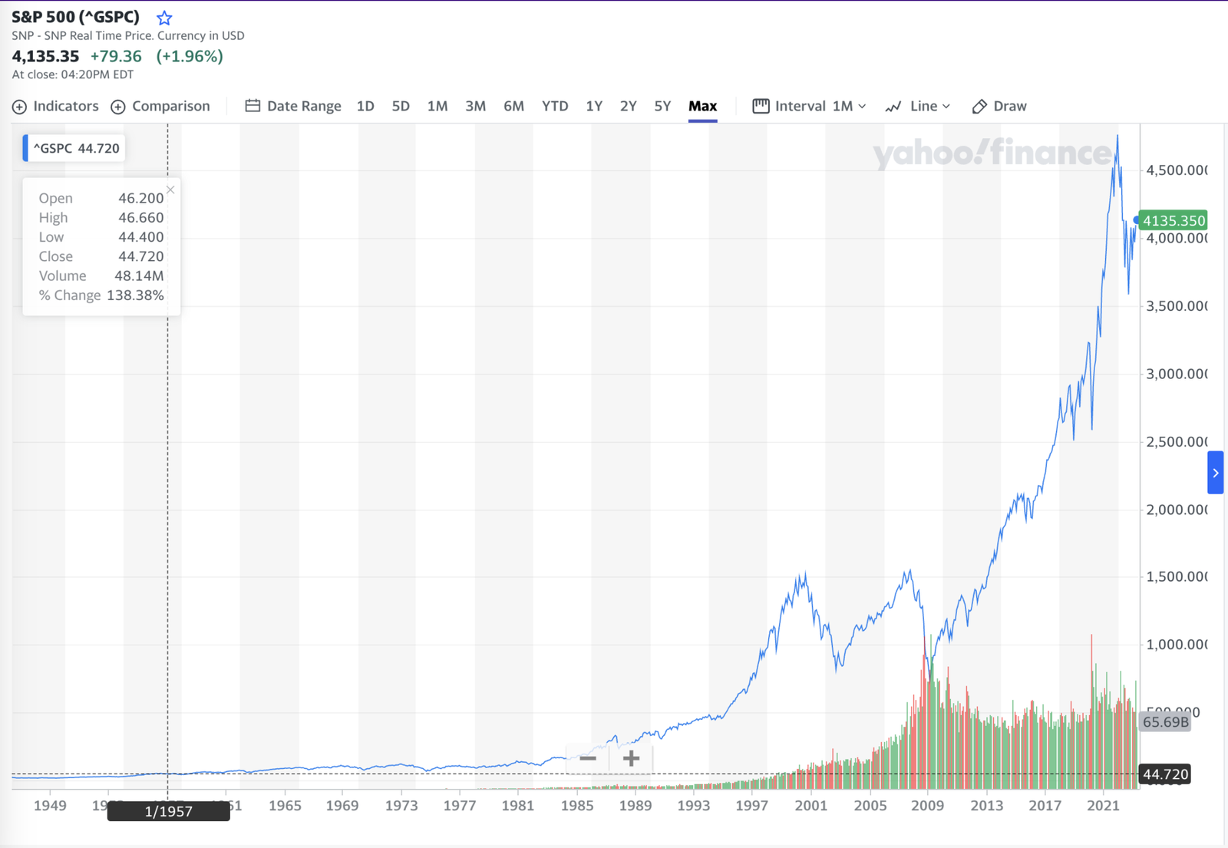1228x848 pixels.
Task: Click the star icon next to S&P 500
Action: tap(164, 18)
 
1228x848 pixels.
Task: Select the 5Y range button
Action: tap(662, 106)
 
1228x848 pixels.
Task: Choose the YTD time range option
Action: tap(554, 106)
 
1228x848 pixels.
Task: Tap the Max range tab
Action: tap(702, 106)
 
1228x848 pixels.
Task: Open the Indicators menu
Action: tap(55, 106)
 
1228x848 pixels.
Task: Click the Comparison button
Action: tap(160, 106)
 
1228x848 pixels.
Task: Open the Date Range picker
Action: tap(293, 106)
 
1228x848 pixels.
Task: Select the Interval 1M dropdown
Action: tap(810, 106)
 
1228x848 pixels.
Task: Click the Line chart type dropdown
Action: tap(918, 106)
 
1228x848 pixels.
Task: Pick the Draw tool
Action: tap(999, 106)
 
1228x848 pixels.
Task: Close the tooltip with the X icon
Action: tap(170, 190)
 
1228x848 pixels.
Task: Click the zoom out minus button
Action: tap(588, 758)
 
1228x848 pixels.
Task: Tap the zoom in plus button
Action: tap(631, 758)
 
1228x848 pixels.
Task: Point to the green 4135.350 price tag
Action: tap(1174, 220)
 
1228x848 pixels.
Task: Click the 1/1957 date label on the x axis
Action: tap(168, 811)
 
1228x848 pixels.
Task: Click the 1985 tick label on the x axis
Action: tap(576, 805)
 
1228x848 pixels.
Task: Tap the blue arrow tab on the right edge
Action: tap(1215, 473)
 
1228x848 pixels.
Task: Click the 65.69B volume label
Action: tap(1165, 721)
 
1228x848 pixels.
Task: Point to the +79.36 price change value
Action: tap(116, 56)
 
